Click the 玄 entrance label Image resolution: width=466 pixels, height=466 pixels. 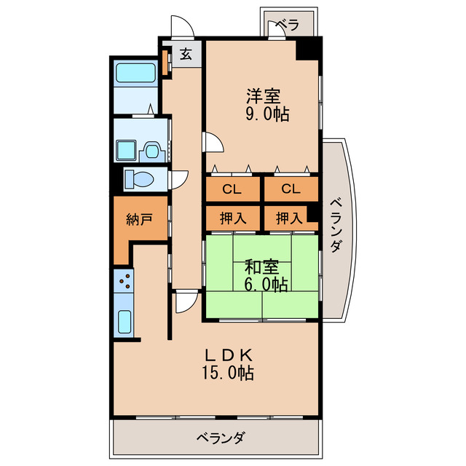[x=186, y=55]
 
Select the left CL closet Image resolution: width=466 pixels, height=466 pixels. [x=232, y=190]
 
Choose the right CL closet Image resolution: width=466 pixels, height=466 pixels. [x=290, y=190]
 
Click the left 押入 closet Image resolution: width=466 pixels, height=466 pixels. [x=232, y=217]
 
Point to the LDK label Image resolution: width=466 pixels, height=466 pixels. [x=227, y=356]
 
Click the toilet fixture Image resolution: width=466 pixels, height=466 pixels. [x=139, y=178]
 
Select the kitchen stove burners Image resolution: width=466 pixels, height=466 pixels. [x=124, y=280]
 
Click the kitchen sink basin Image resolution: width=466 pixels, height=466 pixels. [x=124, y=320]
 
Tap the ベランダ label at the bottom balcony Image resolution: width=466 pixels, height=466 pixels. [x=219, y=438]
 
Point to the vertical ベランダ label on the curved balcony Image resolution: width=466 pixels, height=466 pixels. [x=335, y=225]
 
